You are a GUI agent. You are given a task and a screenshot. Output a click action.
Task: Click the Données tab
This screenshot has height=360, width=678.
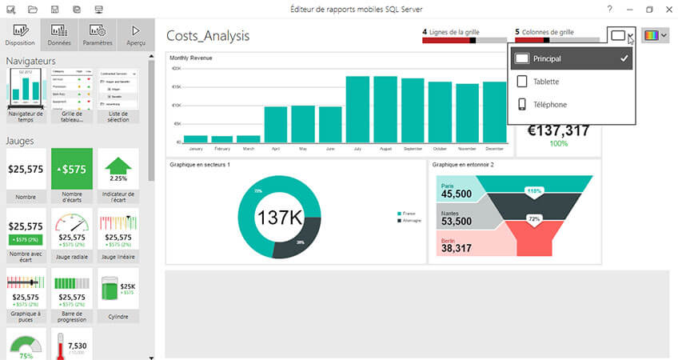tap(58, 34)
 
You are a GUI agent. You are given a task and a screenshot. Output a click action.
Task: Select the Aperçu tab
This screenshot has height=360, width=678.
tap(134, 34)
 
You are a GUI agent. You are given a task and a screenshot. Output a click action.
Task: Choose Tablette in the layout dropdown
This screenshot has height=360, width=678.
tap(545, 82)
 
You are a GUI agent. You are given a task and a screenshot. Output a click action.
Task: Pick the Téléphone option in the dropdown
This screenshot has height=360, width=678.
tap(550, 104)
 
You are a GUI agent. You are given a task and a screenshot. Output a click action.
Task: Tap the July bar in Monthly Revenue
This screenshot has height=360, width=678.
tap(357, 109)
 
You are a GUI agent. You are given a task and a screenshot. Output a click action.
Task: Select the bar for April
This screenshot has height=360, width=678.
tap(276, 124)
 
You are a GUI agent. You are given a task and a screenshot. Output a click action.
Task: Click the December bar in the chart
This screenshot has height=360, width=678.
tap(494, 114)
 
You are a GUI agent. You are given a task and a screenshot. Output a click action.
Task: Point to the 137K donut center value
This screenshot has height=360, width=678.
tap(278, 218)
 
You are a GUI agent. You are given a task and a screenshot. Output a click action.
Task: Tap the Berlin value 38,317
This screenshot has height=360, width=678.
tap(457, 248)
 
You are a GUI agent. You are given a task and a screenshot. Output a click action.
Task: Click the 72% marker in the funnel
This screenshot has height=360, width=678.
tap(534, 218)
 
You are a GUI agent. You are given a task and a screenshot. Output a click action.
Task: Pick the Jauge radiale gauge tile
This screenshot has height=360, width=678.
tap(72, 231)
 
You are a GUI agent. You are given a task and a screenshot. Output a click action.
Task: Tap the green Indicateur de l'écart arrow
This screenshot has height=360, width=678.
tap(118, 169)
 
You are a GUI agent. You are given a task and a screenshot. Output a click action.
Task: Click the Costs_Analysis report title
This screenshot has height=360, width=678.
tap(208, 36)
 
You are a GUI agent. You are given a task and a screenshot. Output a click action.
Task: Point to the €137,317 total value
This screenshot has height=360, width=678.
tap(557, 130)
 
